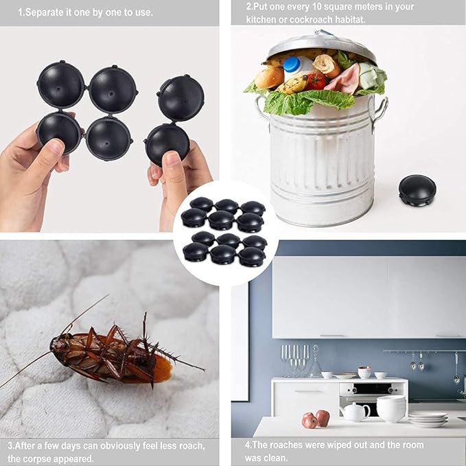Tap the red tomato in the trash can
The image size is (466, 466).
click(316, 81)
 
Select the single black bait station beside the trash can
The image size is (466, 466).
click(417, 191)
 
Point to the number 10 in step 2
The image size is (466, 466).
click(316, 6)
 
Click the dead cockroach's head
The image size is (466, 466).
click(56, 344)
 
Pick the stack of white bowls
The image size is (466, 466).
click(391, 408)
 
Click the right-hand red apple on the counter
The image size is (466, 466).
click(323, 417)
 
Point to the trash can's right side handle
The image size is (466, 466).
click(379, 111)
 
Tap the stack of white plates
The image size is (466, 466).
click(428, 419)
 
